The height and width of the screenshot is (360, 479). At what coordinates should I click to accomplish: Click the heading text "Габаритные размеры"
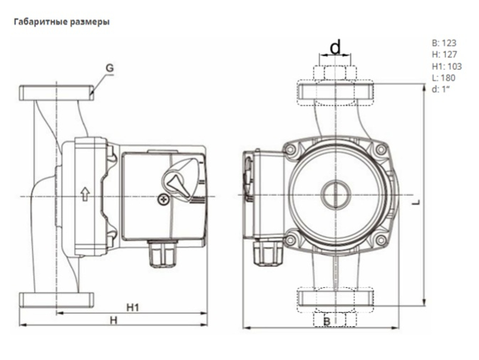62,22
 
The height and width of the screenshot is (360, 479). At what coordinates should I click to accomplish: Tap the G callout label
110,68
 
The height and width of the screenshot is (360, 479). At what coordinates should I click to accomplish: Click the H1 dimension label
133,307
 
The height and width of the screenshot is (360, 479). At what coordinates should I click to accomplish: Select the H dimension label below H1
114,320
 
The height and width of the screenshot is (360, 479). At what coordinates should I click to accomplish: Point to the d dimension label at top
336,47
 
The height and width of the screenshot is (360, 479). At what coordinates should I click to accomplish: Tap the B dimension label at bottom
327,322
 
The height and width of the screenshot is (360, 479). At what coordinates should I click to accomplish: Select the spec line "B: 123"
444,43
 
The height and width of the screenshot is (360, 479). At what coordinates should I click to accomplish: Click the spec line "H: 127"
444,55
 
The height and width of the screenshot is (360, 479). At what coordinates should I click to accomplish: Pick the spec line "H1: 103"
446,67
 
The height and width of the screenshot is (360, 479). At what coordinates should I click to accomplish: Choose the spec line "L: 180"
444,78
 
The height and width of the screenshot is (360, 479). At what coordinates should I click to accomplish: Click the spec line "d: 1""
441,90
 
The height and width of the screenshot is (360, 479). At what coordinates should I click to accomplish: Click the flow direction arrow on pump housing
85,193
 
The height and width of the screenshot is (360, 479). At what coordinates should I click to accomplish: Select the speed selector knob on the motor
181,180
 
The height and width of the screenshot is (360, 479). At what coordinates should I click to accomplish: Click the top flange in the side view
56,92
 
